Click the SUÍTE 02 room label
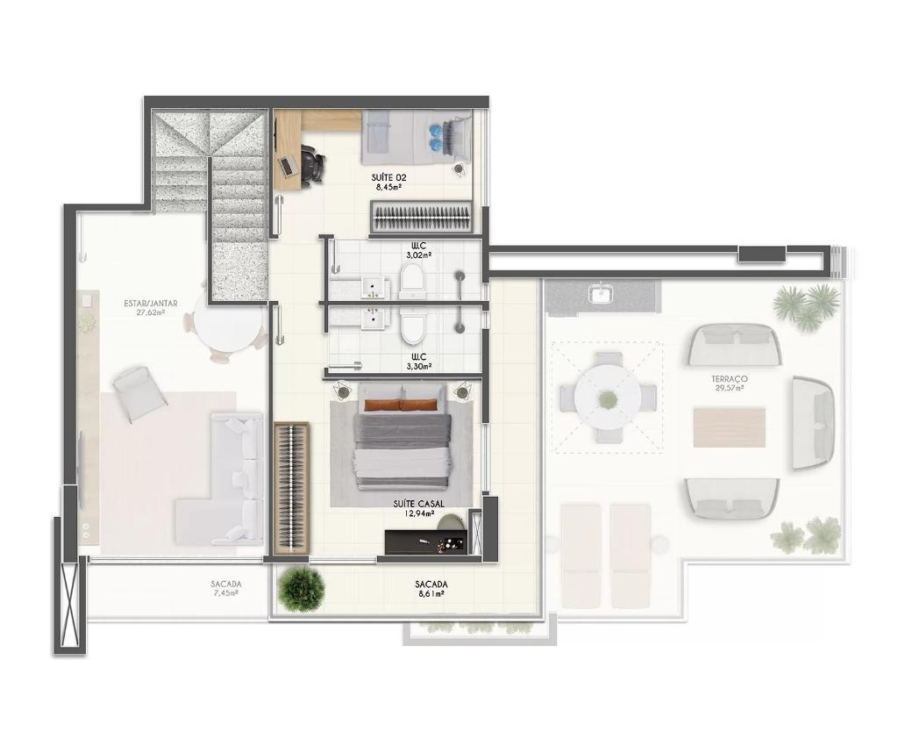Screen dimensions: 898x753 (388, 177)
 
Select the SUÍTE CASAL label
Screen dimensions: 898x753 (418, 504)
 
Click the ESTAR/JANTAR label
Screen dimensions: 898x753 (151, 303)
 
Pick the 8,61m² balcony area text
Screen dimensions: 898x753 (431, 594)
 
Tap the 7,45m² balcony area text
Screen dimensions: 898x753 (224, 593)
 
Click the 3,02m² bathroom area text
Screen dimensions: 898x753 (417, 255)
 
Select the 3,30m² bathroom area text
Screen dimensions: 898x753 (417, 366)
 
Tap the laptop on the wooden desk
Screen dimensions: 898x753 (287, 166)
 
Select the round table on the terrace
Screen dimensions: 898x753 (608, 398)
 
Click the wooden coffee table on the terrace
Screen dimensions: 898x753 (729, 427)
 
